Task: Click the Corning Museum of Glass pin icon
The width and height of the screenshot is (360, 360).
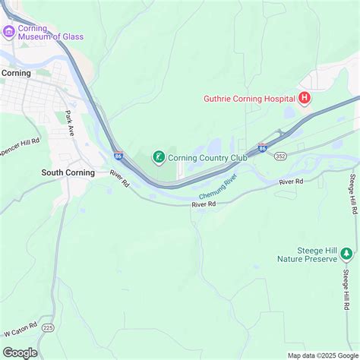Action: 9,31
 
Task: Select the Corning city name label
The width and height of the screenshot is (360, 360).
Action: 16,73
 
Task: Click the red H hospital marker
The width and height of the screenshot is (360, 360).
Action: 304,98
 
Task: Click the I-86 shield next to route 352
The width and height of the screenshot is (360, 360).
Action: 262,147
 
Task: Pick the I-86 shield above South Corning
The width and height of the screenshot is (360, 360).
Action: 119,156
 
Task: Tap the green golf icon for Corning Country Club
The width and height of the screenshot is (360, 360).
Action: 159,157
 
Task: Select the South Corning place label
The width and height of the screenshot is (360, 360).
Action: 68,172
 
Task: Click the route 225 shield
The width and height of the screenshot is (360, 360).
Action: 49,327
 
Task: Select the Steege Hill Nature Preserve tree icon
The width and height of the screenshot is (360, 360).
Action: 346,253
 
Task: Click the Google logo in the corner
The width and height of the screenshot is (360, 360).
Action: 21,352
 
